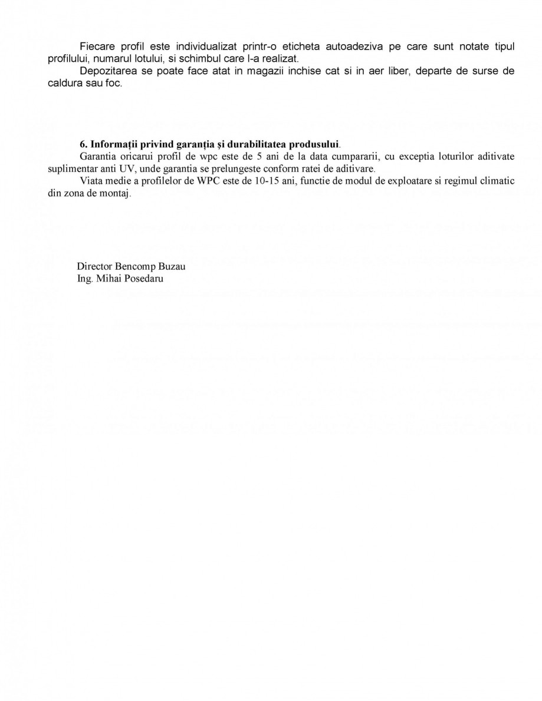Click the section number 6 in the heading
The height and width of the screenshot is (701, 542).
pyautogui.click(x=81, y=144)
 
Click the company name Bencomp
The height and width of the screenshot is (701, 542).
pyautogui.click(x=134, y=266)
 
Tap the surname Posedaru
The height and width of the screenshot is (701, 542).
pyautogui.click(x=142, y=278)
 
